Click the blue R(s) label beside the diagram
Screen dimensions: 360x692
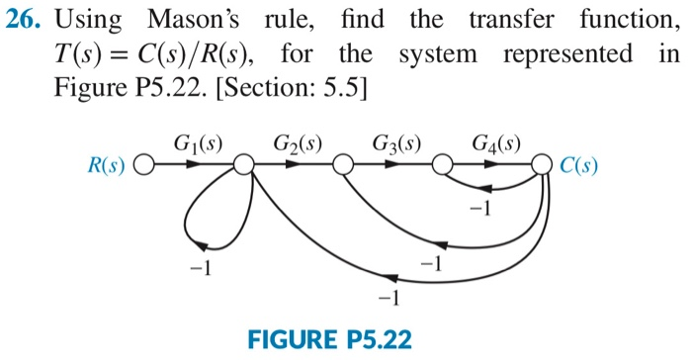[x=106, y=164]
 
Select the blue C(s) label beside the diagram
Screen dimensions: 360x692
[x=577, y=164]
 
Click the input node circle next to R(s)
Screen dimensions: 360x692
[x=143, y=164]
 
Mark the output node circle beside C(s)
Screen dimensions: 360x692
[x=543, y=164]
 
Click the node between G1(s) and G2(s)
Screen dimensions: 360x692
[x=243, y=164]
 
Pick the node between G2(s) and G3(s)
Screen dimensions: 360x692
[x=343, y=164]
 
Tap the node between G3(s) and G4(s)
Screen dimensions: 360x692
[x=443, y=164]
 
